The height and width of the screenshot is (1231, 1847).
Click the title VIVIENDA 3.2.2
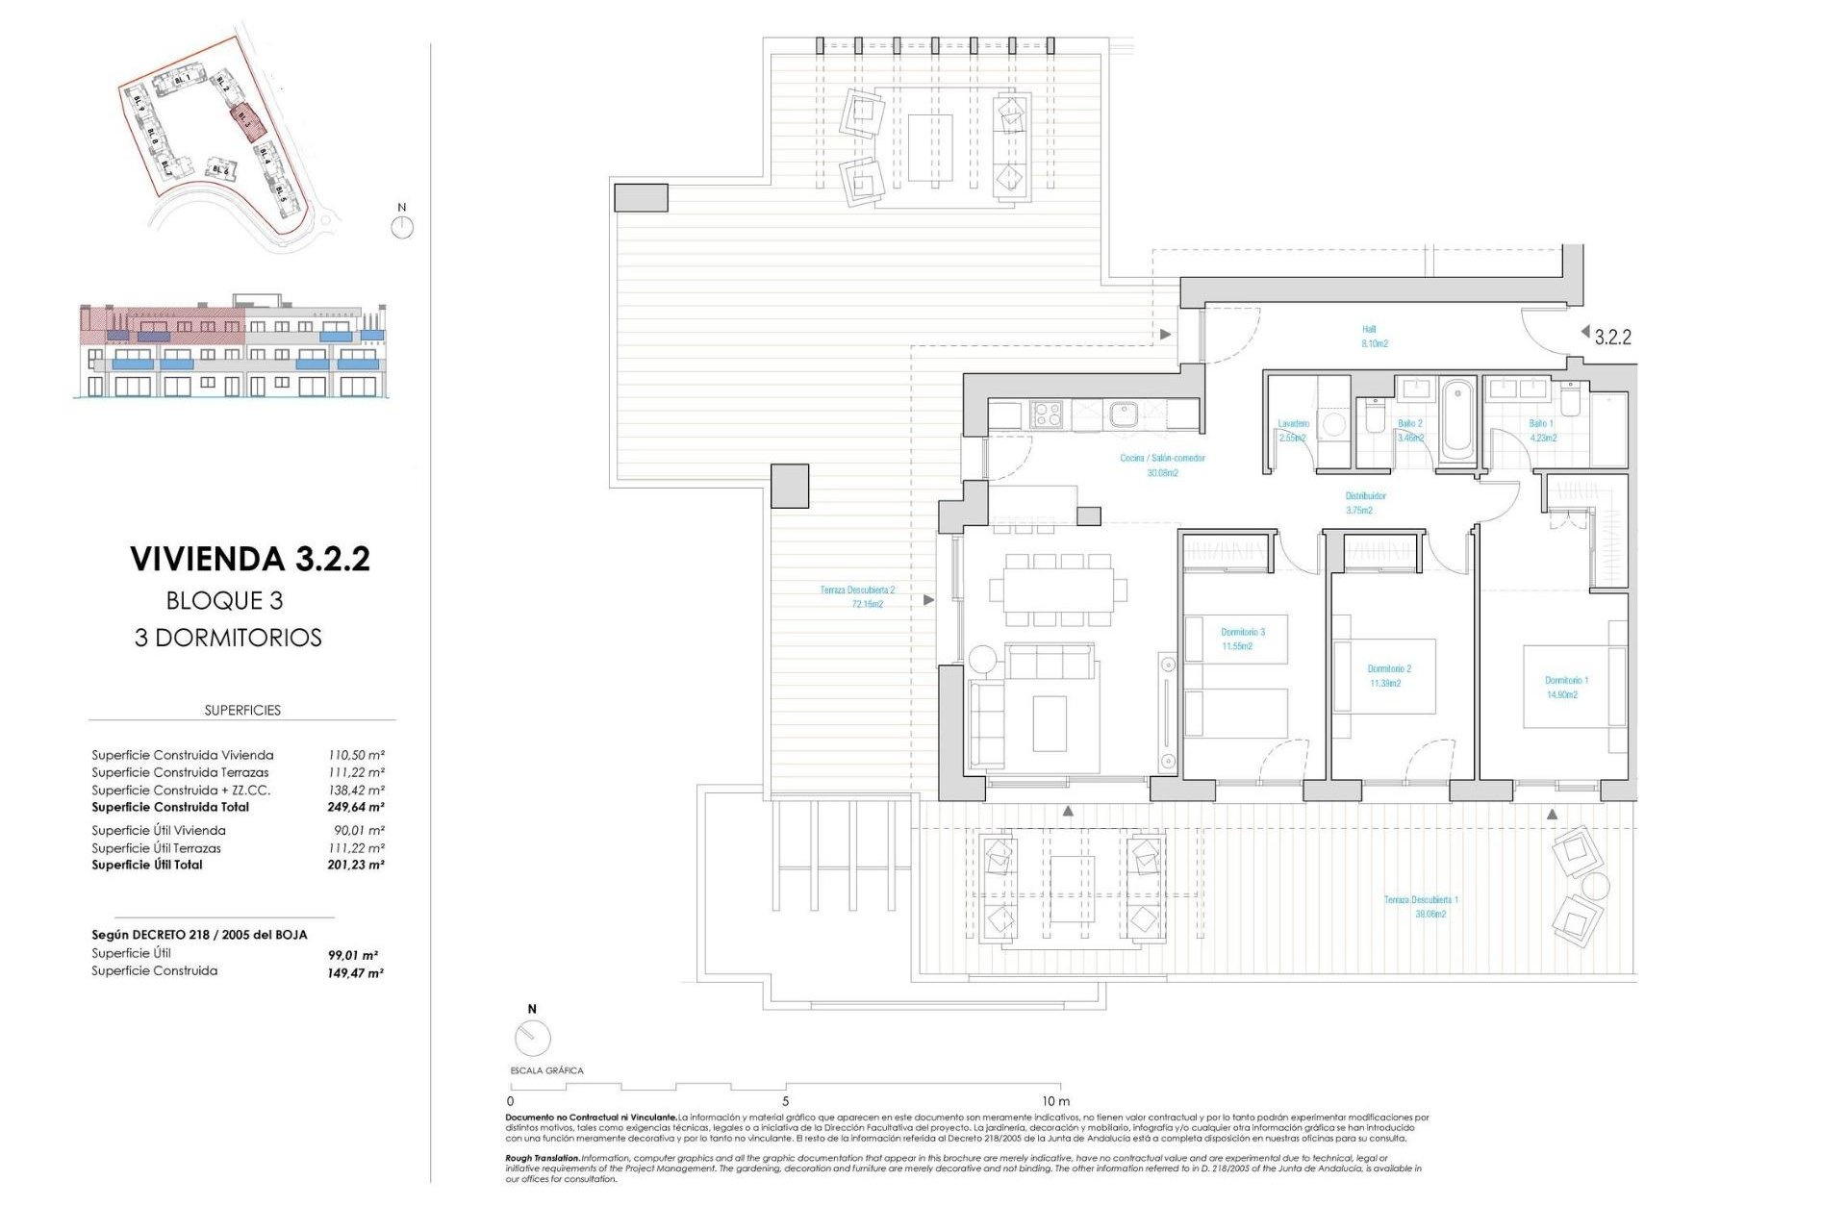(250, 559)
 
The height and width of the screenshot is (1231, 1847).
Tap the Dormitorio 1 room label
(1566, 687)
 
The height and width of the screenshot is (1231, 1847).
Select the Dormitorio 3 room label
(1242, 639)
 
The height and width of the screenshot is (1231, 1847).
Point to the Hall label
(1373, 336)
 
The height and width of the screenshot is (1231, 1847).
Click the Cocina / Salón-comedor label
(1162, 465)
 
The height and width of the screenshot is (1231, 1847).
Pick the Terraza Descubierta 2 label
(857, 596)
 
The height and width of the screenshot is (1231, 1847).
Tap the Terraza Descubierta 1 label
(1421, 906)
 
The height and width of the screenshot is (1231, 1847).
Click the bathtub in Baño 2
(1457, 420)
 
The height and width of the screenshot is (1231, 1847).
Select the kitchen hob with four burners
(1047, 415)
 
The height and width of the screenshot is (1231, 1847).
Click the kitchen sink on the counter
(1122, 415)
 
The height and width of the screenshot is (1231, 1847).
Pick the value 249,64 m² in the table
(356, 807)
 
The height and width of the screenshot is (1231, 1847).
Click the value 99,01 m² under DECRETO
(353, 955)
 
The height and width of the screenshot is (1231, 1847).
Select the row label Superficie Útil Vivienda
(159, 830)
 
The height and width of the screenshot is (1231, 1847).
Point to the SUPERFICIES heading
(242, 710)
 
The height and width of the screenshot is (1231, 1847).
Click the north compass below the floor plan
(532, 1037)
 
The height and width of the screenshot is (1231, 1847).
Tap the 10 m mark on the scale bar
(1055, 1100)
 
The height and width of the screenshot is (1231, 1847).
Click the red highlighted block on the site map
(247, 122)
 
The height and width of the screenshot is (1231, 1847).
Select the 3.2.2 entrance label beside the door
(1612, 337)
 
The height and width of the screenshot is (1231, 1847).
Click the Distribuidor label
(1364, 502)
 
